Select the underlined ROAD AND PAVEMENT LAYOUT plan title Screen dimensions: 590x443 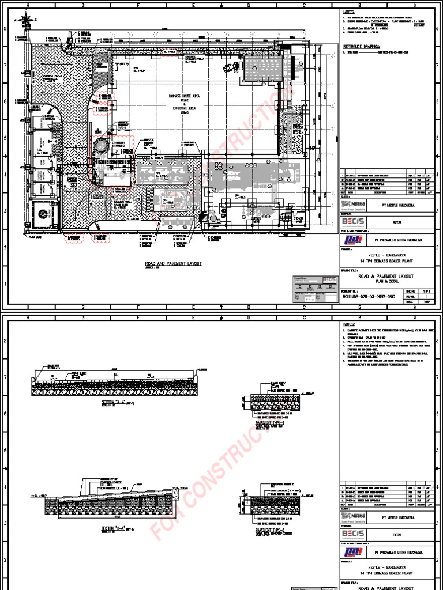click(173, 263)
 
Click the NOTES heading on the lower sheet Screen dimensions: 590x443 click(350, 324)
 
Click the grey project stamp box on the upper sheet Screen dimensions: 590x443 click(315, 288)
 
